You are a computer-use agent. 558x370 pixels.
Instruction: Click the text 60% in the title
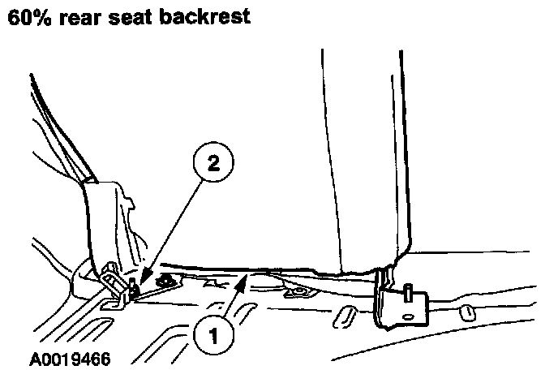point(28,17)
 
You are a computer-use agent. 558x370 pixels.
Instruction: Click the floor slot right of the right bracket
point(467,312)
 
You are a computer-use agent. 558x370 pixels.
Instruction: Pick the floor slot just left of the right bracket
point(346,312)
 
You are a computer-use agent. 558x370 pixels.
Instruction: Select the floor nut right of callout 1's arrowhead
point(299,290)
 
